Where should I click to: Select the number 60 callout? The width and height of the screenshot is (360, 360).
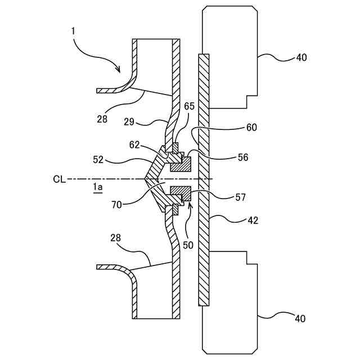tap(251, 128)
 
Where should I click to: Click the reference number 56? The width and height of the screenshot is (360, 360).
tap(242, 158)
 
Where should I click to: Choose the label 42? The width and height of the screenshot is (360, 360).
tap(252, 220)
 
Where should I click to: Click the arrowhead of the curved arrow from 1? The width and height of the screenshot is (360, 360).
tap(119, 71)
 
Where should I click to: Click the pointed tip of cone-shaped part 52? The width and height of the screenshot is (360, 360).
tap(145, 179)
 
